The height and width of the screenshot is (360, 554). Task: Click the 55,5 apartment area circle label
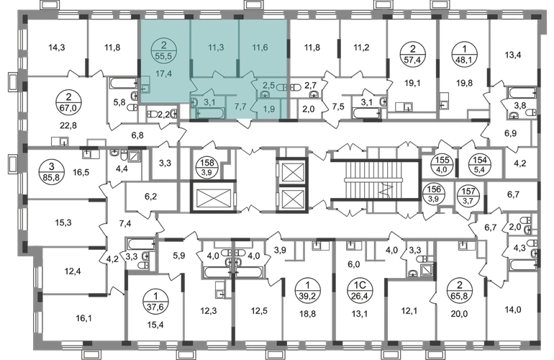coord(163,50)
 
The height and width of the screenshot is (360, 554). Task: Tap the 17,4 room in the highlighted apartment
coord(163,74)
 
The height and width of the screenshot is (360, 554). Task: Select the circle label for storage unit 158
coord(207,167)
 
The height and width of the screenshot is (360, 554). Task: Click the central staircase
coord(376,180)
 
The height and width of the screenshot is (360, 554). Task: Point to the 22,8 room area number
coord(68,125)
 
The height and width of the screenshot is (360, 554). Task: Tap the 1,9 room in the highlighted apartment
coord(269,109)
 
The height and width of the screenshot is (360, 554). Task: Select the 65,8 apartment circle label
coord(459,290)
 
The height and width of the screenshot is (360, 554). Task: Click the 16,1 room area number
coord(83,318)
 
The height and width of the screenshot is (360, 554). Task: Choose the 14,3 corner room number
coord(57,48)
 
